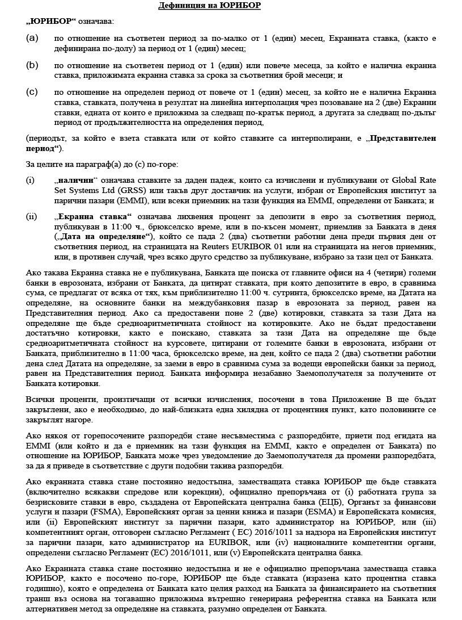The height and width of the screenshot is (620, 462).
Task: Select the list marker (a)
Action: tap(32, 39)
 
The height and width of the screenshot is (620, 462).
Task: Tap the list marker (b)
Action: tap(32, 65)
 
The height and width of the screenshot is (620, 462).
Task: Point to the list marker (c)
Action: tap(32, 91)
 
